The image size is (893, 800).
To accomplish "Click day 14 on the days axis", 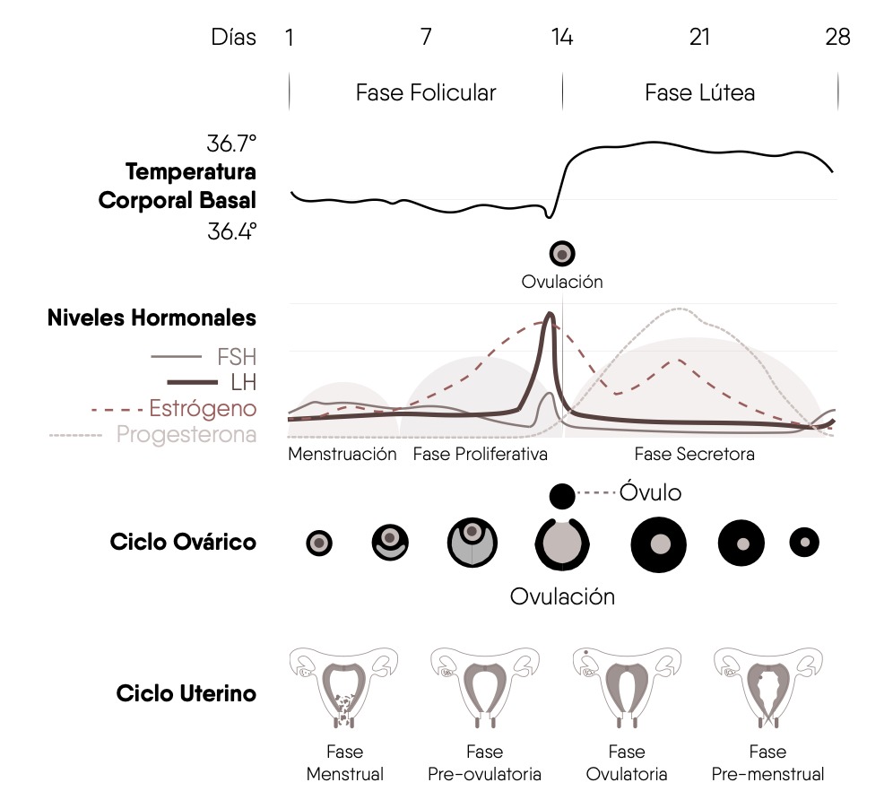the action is click(x=562, y=37).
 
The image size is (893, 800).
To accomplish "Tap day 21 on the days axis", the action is click(x=700, y=37).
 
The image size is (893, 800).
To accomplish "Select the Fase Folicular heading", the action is click(x=426, y=92).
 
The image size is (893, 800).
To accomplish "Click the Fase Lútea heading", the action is click(x=700, y=92).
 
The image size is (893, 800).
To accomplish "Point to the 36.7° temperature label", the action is click(x=232, y=143).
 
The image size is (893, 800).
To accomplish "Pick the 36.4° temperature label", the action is click(x=232, y=231).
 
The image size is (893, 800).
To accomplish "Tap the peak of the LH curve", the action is click(x=551, y=313).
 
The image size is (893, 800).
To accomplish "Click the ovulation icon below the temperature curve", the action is click(x=562, y=254).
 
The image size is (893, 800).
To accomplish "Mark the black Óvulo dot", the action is click(x=562, y=496).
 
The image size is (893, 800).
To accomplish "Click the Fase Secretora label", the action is click(x=694, y=454).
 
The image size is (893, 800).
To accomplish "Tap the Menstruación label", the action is click(x=342, y=454).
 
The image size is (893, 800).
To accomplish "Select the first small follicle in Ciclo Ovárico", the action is click(x=319, y=543).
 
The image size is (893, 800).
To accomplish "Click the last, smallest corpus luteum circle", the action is click(x=804, y=543).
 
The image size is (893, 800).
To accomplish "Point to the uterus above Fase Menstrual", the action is click(x=343, y=687).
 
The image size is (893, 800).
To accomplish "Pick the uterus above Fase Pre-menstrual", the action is click(x=767, y=687).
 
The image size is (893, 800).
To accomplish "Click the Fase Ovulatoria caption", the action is click(x=627, y=763).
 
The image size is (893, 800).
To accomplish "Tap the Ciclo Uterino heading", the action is click(x=186, y=693).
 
